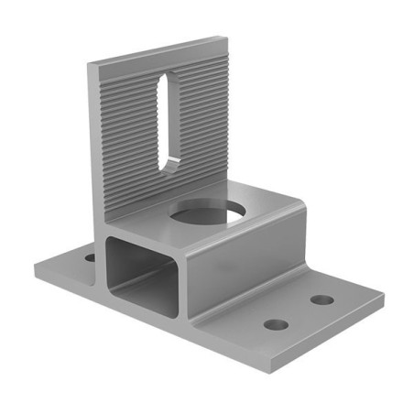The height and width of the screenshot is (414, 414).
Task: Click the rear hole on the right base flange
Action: point(321,300)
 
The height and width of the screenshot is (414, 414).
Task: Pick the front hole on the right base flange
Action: point(276,324)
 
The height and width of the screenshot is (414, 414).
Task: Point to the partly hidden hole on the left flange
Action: point(90,258)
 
